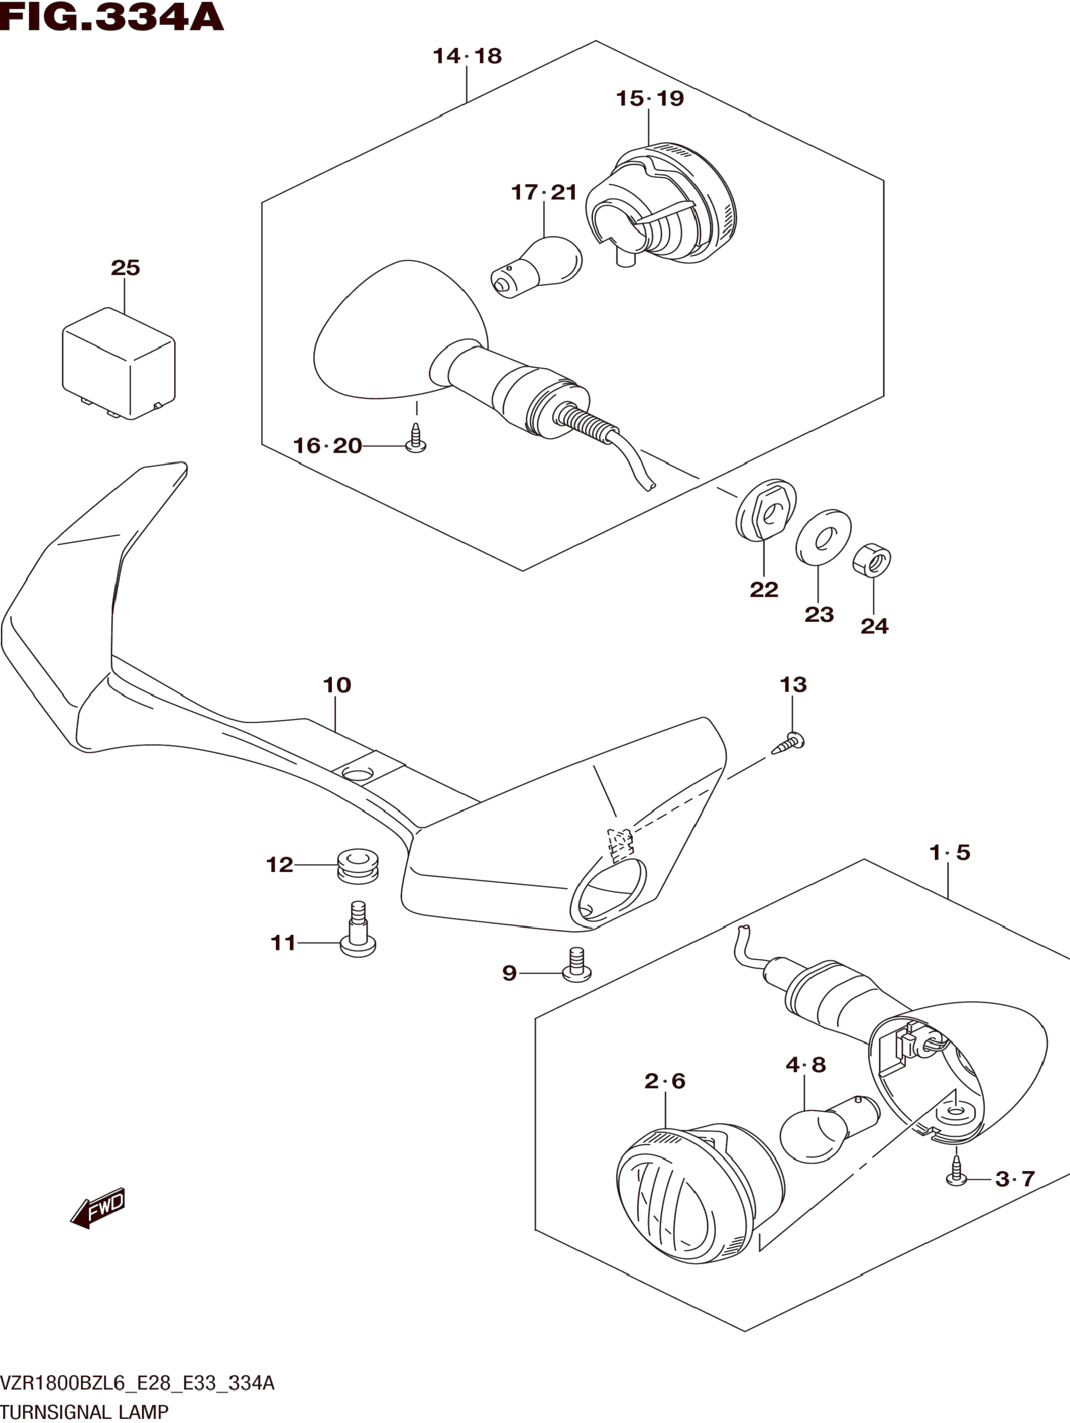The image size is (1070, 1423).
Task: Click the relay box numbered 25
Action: tap(119, 364)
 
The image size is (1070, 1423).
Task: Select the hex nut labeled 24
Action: tap(872, 560)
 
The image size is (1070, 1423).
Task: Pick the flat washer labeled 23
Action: tap(823, 537)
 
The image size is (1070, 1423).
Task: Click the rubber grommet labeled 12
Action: tap(358, 866)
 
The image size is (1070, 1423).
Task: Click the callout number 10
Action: tap(337, 685)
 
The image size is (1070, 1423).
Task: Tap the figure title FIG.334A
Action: tap(113, 18)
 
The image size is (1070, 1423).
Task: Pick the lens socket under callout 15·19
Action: tap(662, 204)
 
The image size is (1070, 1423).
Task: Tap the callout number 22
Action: tap(764, 589)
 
